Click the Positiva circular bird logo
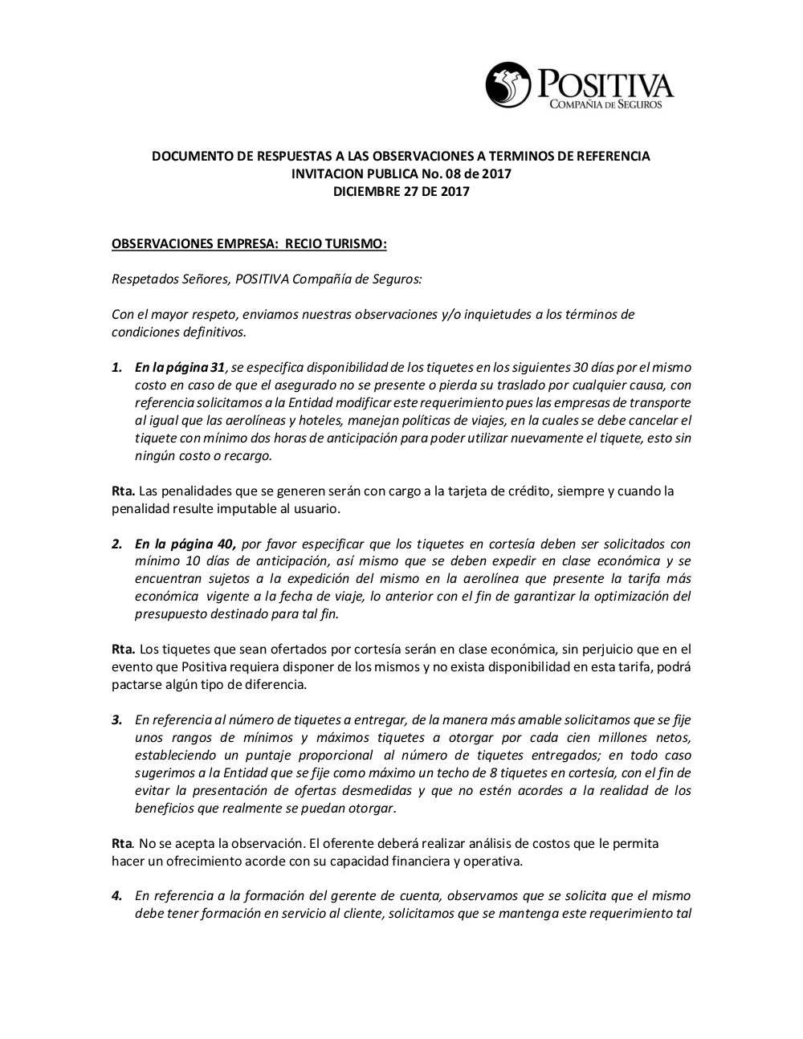tap(509, 85)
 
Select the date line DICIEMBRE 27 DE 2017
tap(401, 191)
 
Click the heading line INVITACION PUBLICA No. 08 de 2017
tap(401, 173)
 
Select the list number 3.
tap(116, 719)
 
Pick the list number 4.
tap(116, 895)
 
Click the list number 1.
tap(116, 367)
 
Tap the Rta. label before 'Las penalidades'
tap(123, 491)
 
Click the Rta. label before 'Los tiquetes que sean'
tap(123, 649)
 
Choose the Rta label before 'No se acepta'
tap(122, 843)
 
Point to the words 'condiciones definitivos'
tap(178, 332)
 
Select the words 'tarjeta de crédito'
tap(498, 491)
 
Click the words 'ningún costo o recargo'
tap(203, 455)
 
